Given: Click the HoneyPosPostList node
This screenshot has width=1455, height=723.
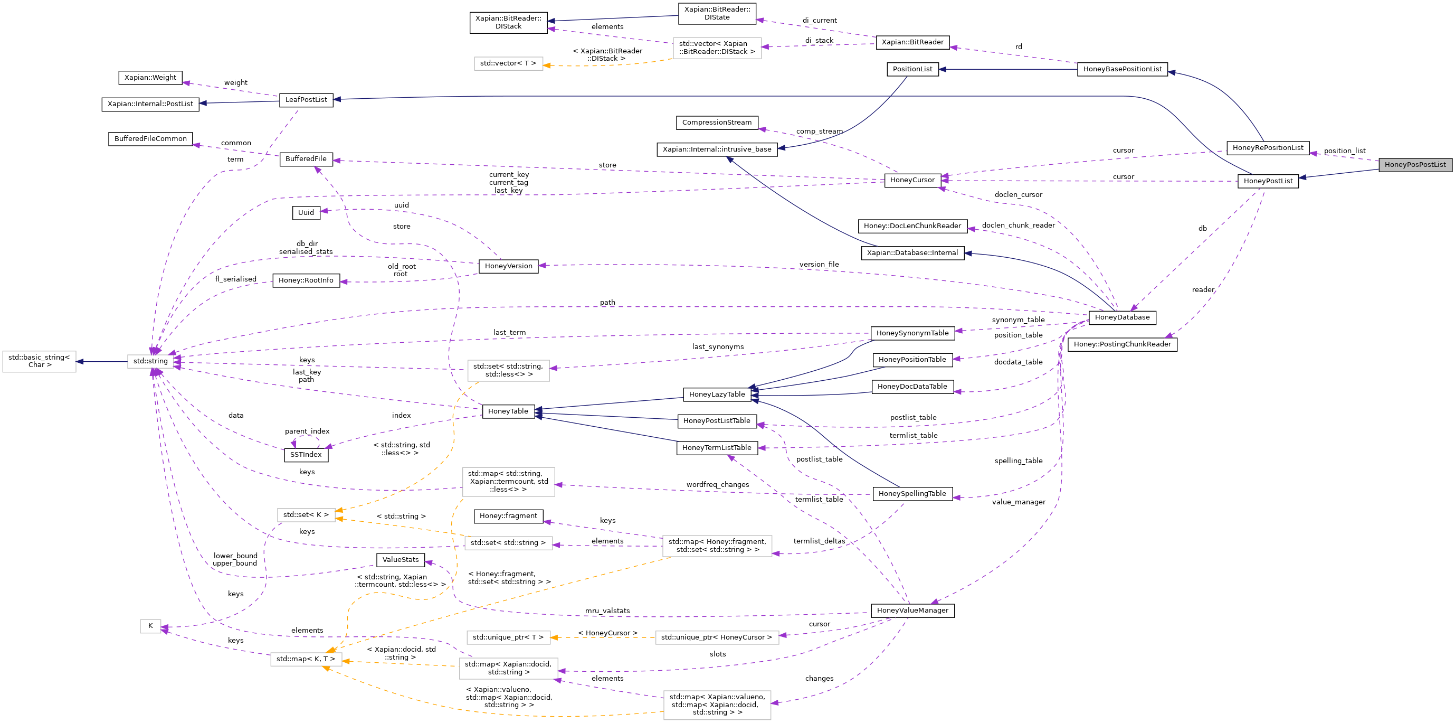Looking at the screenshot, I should tap(1415, 164).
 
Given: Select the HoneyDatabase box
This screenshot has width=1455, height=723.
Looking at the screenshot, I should tap(1122, 317).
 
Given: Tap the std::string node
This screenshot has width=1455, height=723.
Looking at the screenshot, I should tap(150, 361).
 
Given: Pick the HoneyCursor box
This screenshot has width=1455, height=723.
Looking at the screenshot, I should tap(912, 180).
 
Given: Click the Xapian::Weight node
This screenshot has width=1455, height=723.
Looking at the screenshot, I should tap(150, 78).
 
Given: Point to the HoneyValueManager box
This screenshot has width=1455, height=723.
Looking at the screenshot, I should tap(912, 611).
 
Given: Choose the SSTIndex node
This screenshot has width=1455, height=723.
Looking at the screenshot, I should tap(306, 455).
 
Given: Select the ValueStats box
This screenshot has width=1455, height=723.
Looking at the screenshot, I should tap(401, 560).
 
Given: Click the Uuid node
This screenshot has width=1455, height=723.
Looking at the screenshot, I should tap(306, 212).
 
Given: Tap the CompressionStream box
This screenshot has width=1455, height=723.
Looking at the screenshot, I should tap(717, 122).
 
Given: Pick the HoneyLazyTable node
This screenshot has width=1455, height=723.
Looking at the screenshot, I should tap(717, 394).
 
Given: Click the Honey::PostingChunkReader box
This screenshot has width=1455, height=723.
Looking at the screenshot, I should tap(1123, 344).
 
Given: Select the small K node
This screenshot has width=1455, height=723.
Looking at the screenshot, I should tap(150, 626).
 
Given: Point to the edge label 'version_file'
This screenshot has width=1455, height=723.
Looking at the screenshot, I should tap(819, 264).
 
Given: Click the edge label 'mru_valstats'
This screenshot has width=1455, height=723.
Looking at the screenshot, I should tap(607, 611).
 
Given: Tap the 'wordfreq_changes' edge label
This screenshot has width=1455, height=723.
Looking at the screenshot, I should tap(717, 484).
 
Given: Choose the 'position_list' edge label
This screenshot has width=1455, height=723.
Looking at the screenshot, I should tap(1344, 151).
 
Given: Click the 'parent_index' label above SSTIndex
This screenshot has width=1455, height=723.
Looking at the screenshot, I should tap(307, 431).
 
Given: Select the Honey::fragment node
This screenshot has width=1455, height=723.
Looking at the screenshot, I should tap(508, 515).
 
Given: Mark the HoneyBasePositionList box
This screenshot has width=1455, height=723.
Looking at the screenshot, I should tap(1123, 69).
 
